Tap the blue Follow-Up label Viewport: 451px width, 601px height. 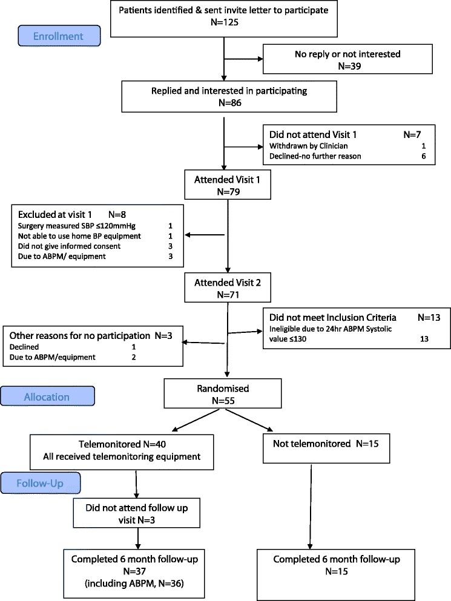[x=49, y=484]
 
